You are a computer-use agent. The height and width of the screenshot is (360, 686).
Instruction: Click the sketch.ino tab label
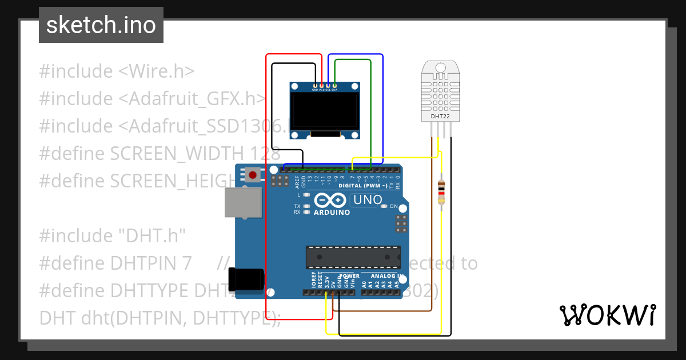click(x=101, y=25)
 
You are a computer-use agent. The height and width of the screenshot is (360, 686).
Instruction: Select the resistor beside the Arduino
click(x=441, y=191)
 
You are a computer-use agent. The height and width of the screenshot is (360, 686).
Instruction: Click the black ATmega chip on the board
click(x=353, y=257)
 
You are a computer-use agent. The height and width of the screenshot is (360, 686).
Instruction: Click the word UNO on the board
click(x=368, y=200)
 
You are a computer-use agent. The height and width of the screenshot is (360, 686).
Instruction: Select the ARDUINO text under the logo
click(x=332, y=212)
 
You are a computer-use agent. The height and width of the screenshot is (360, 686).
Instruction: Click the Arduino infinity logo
click(x=330, y=200)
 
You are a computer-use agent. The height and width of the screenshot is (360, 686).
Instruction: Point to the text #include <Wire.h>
click(x=117, y=71)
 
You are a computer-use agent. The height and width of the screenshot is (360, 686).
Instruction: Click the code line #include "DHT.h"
click(x=113, y=235)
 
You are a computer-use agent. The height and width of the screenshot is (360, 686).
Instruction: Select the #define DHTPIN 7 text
click(x=115, y=263)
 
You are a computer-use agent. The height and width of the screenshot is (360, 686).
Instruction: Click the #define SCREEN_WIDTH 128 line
click(x=159, y=154)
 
